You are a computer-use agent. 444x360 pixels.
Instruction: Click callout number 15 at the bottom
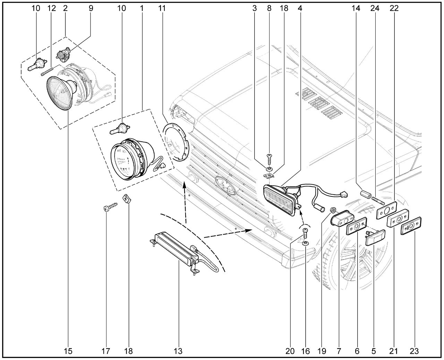click(x=68, y=351)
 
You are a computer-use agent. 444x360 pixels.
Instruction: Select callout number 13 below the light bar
click(x=178, y=351)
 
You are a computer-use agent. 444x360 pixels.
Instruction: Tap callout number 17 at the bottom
click(x=106, y=351)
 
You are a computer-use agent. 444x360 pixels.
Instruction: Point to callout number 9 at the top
click(x=91, y=8)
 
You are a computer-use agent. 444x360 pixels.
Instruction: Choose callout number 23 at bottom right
click(x=414, y=351)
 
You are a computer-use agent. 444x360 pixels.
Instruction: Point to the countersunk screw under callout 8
click(x=269, y=160)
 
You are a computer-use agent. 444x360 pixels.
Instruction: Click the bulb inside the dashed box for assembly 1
click(x=119, y=130)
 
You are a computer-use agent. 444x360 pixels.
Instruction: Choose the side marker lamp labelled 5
click(x=375, y=237)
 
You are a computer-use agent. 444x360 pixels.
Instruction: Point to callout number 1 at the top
click(x=142, y=8)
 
